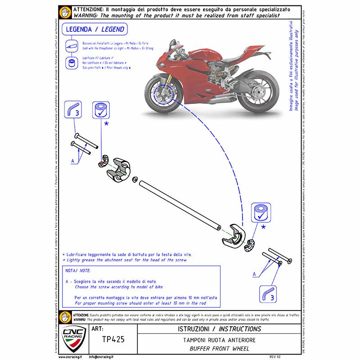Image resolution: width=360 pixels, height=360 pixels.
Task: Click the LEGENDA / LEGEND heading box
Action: tap(95, 30)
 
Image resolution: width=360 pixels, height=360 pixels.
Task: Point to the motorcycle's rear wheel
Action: tap(258, 94)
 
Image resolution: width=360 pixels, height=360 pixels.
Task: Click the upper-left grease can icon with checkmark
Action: tap(100, 110)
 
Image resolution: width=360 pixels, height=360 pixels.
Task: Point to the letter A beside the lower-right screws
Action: tap(254, 273)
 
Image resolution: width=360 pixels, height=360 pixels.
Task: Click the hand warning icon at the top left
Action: tap(66, 12)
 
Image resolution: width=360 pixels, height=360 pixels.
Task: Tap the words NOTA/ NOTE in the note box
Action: tap(78, 271)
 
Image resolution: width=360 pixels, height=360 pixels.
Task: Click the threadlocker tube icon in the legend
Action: tap(72, 46)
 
